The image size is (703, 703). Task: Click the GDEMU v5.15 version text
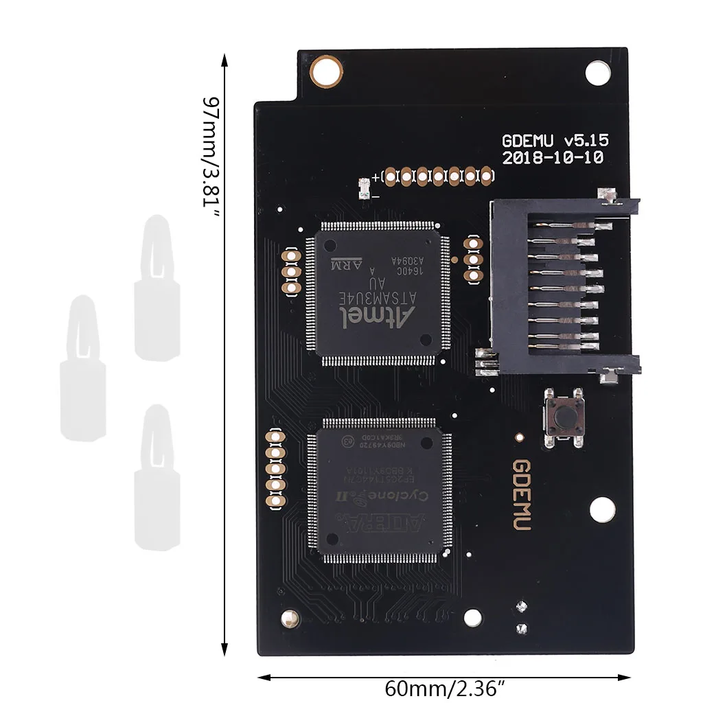[555, 141]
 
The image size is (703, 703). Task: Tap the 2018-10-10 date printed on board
[553, 158]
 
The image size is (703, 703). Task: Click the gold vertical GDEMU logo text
[521, 494]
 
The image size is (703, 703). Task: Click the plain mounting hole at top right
[597, 71]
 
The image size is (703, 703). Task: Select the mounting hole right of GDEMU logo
[601, 509]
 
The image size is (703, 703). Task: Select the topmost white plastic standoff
[157, 288]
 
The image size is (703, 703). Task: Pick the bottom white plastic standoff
[157, 479]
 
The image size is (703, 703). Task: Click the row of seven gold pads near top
[439, 176]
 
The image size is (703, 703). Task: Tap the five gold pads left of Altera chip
[276, 469]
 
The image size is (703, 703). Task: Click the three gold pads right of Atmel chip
[472, 260]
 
